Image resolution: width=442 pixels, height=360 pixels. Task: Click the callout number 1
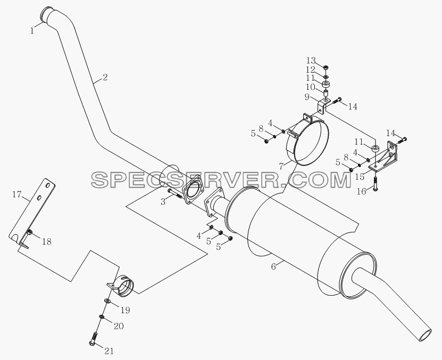coord(32,31)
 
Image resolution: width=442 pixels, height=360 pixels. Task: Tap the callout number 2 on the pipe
coord(105,77)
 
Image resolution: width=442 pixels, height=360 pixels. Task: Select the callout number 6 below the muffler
coord(273,266)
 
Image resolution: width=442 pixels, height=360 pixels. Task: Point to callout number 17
coord(16,194)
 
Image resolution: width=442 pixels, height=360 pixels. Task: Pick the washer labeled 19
coord(107,301)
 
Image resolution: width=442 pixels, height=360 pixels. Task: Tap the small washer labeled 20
coord(102,317)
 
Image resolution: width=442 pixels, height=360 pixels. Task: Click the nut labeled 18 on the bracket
coord(29,232)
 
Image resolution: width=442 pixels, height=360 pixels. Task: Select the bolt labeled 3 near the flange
coord(175,194)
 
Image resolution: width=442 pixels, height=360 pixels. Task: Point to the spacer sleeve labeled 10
coord(326,93)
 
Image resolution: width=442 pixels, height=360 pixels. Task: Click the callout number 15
coord(360,177)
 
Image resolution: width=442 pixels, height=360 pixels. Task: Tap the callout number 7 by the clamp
coord(281,166)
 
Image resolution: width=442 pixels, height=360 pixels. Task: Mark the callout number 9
coord(307,97)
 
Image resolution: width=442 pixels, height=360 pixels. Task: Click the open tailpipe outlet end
coord(424,335)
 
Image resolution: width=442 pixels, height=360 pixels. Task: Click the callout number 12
coord(311,69)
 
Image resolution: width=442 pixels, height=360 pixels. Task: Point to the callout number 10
coord(311,87)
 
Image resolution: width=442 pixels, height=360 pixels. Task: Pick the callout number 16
coord(361,191)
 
